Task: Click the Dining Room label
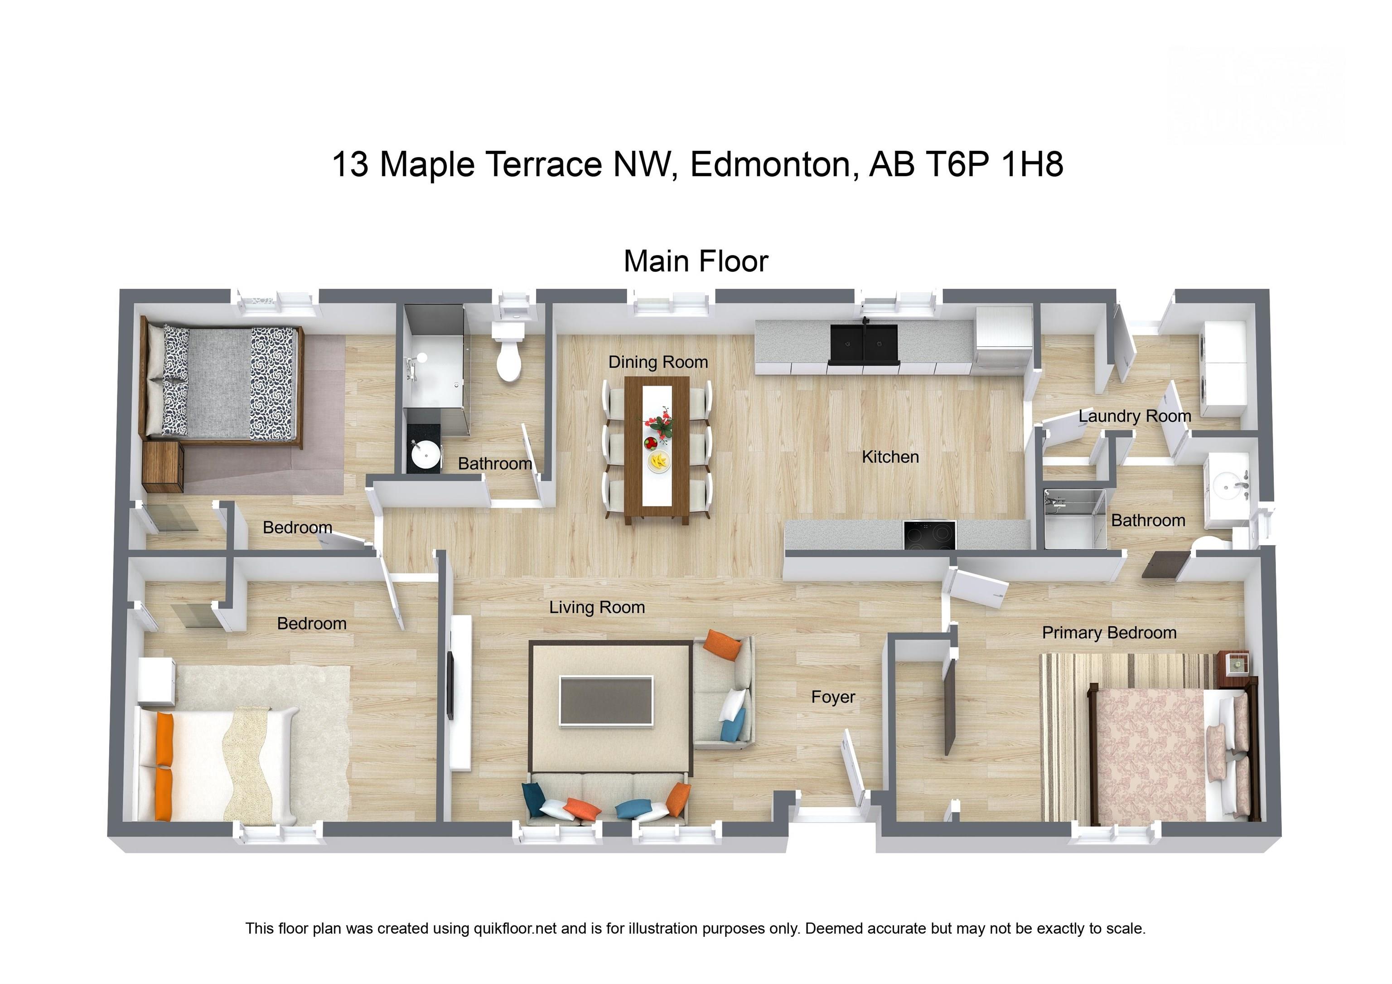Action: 658,362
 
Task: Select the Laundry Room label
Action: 1134,416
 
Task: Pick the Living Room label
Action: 597,607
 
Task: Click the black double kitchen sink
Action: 863,345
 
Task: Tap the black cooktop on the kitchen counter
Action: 929,535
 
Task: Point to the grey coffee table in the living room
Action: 606,700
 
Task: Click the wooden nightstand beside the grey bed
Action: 163,465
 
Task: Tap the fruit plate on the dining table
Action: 658,462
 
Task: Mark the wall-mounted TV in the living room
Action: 450,685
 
